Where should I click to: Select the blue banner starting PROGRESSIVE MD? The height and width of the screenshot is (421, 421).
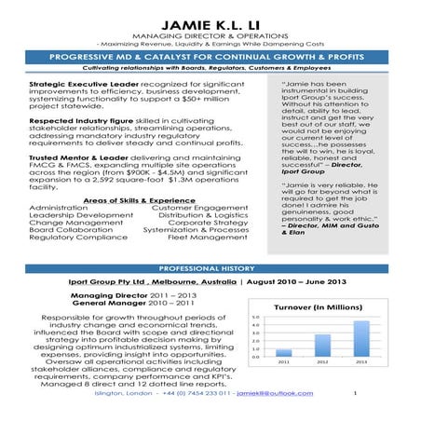tap(210, 56)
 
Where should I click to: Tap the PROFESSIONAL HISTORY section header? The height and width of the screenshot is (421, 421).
tap(210, 267)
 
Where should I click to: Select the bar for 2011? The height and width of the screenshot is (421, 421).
tap(285, 353)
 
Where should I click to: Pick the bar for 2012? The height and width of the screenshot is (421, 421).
tap(322, 346)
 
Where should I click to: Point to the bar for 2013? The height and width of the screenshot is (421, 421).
tap(360, 339)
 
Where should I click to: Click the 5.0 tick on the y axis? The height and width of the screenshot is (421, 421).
tap(256, 317)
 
